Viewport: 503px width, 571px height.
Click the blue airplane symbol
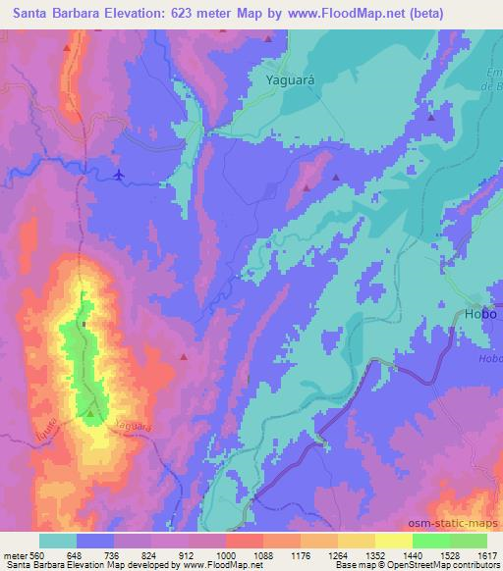pyautogui.click(x=120, y=175)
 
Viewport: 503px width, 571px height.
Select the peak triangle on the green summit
pyautogui.click(x=91, y=413)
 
